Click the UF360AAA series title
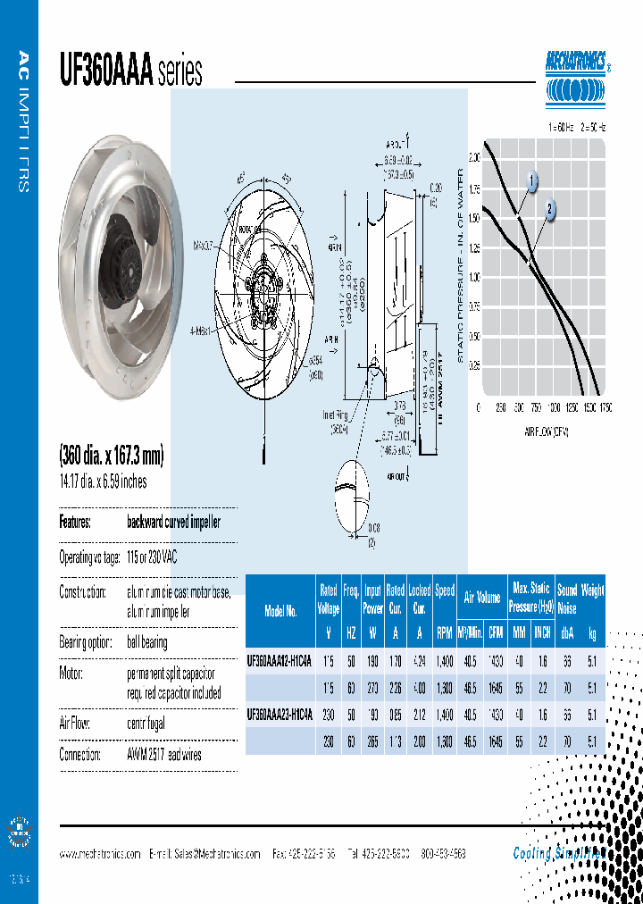(x=130, y=71)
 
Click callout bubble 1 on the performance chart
(x=532, y=182)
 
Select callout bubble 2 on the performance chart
(x=551, y=210)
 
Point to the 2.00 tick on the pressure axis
(x=473, y=157)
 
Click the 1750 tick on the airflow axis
(x=605, y=407)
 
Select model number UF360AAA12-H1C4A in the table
(x=279, y=662)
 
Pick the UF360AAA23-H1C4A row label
(x=279, y=715)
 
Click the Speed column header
(x=445, y=590)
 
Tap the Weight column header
(x=593, y=590)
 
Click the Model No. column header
(x=280, y=611)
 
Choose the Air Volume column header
(x=482, y=598)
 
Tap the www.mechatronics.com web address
(x=100, y=854)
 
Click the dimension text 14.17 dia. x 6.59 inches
(x=103, y=482)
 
